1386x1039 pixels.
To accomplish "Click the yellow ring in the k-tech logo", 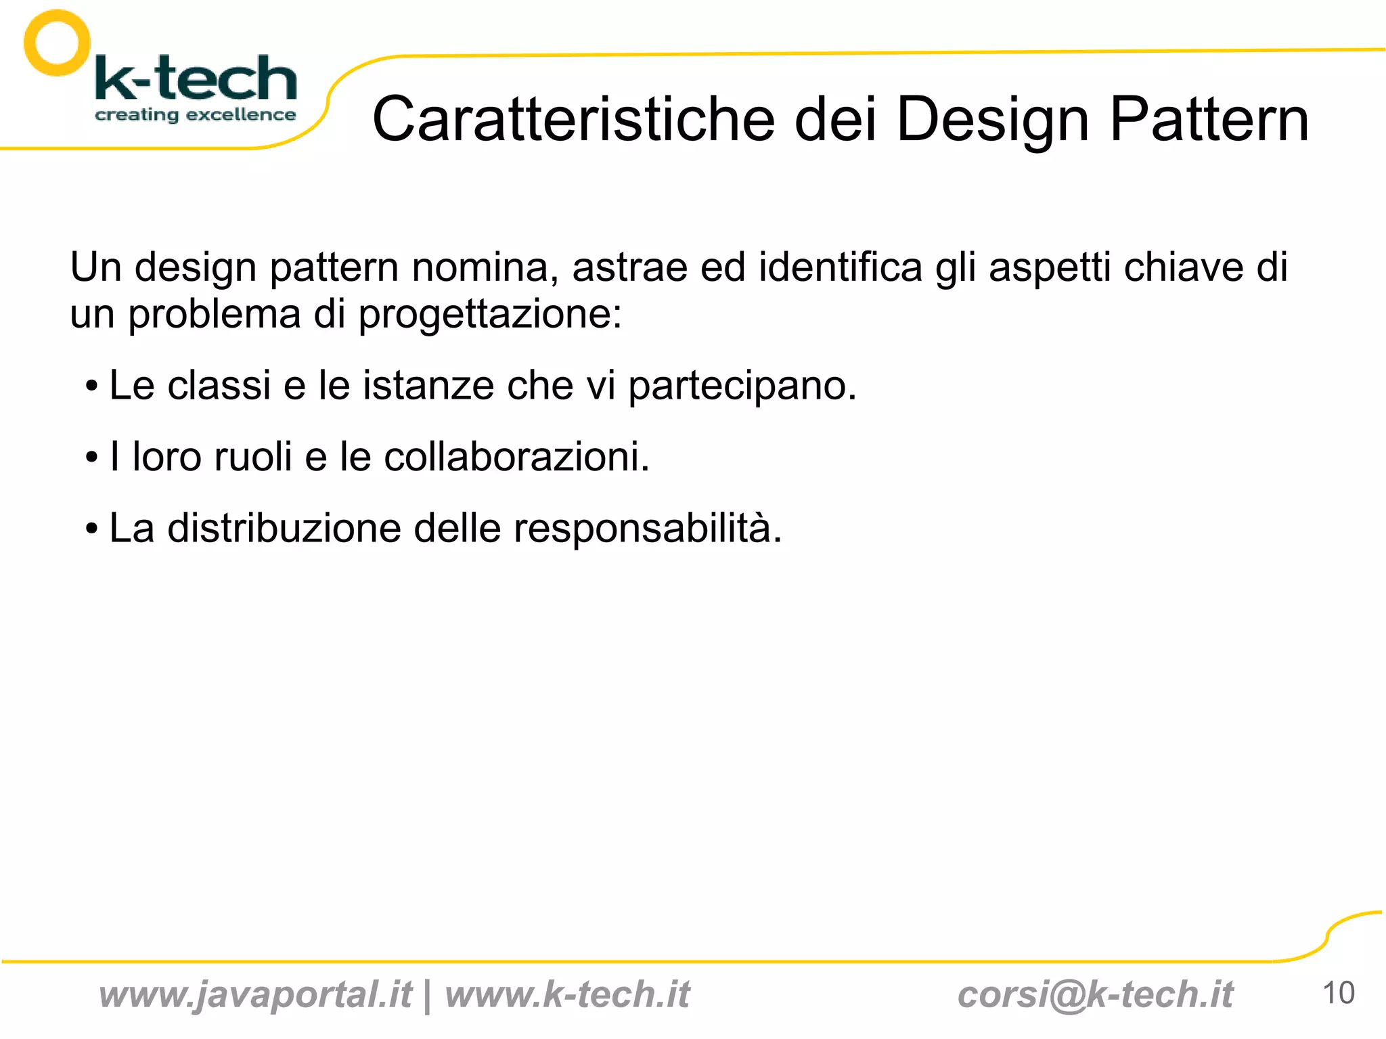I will coord(57,43).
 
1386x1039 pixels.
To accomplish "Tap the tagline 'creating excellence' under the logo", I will coord(195,114).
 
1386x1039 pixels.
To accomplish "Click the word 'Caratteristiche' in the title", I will coord(573,119).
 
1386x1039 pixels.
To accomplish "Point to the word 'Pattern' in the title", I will coord(1209,119).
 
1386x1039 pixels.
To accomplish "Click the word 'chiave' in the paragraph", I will coord(1183,266).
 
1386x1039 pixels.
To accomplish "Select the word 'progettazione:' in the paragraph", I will coord(490,315).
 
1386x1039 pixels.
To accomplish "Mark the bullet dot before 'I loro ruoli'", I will coord(91,458).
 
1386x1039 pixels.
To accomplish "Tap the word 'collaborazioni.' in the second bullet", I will coord(516,457).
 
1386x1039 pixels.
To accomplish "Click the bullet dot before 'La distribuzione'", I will coord(91,529).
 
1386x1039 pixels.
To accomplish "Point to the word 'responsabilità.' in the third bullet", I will coord(648,529).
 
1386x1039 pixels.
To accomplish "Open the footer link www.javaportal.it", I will coord(255,995).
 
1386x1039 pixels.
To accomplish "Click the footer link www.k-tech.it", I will coord(567,995).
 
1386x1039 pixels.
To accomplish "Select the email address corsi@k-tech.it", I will coord(1095,995).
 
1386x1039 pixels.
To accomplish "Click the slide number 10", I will coord(1338,993).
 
